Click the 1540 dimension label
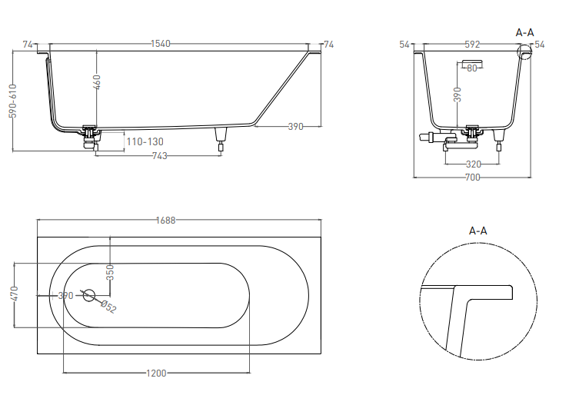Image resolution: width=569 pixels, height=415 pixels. pos(160,44)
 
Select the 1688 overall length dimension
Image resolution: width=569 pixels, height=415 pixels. pos(166,220)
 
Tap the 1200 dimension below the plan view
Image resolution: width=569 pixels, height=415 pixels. pos(156,373)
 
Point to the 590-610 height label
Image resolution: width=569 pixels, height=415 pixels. pos(12,101)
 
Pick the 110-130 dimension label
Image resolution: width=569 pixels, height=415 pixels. pos(145,141)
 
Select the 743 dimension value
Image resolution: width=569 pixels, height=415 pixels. pos(159,156)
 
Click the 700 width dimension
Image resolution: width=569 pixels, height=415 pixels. pos(472,178)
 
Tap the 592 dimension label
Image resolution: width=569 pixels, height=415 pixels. pos(472,45)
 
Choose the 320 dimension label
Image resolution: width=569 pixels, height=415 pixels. pos(473,164)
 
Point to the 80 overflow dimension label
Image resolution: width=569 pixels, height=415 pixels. pos(471,68)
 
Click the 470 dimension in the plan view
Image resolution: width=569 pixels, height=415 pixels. pos(14,295)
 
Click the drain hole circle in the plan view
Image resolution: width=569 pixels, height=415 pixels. pos(88,294)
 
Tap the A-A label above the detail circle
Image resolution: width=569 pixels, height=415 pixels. pos(477,231)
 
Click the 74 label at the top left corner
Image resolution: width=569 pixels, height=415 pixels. pos(28,45)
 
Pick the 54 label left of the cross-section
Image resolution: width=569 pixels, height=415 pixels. pos(404,45)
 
